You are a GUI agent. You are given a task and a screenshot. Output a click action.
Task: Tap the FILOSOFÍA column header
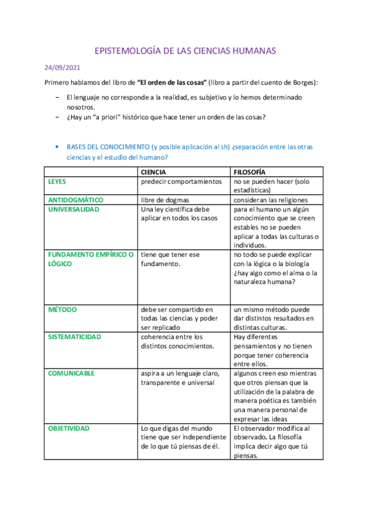coord(249,173)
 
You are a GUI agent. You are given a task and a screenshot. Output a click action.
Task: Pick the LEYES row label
coord(57,182)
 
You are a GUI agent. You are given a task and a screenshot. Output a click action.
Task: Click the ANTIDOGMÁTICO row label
coord(76,200)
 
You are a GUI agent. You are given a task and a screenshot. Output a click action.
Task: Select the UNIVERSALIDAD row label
coord(73,210)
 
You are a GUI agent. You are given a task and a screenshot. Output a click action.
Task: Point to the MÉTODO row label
coord(62,310)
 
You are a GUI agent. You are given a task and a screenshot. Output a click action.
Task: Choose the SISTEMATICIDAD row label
coord(74,337)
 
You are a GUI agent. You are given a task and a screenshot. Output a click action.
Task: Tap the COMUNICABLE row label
coord(71,374)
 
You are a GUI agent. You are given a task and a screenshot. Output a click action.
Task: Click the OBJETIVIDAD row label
coord(69,428)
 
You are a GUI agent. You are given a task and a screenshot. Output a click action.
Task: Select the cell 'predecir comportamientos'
coord(181,182)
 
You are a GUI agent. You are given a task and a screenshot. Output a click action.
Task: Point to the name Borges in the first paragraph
coord(303,82)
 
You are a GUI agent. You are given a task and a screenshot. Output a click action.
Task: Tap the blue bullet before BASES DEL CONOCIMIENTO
coord(57,147)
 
